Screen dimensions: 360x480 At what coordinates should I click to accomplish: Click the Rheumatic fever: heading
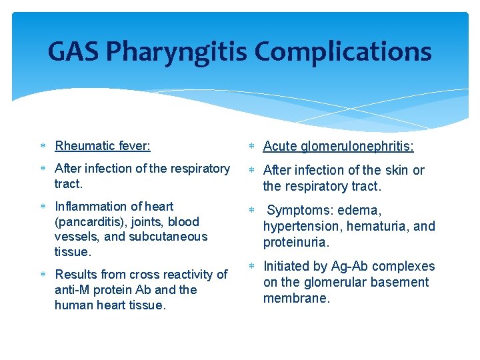(x=103, y=145)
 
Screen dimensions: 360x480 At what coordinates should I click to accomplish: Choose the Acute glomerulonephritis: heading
(x=338, y=146)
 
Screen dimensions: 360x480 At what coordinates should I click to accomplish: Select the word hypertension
(x=298, y=227)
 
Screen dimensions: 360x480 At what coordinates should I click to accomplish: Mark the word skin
(x=397, y=170)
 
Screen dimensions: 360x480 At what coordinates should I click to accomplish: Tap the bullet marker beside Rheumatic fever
(x=42, y=146)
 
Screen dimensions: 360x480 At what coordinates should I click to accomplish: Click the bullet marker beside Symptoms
(x=252, y=211)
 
